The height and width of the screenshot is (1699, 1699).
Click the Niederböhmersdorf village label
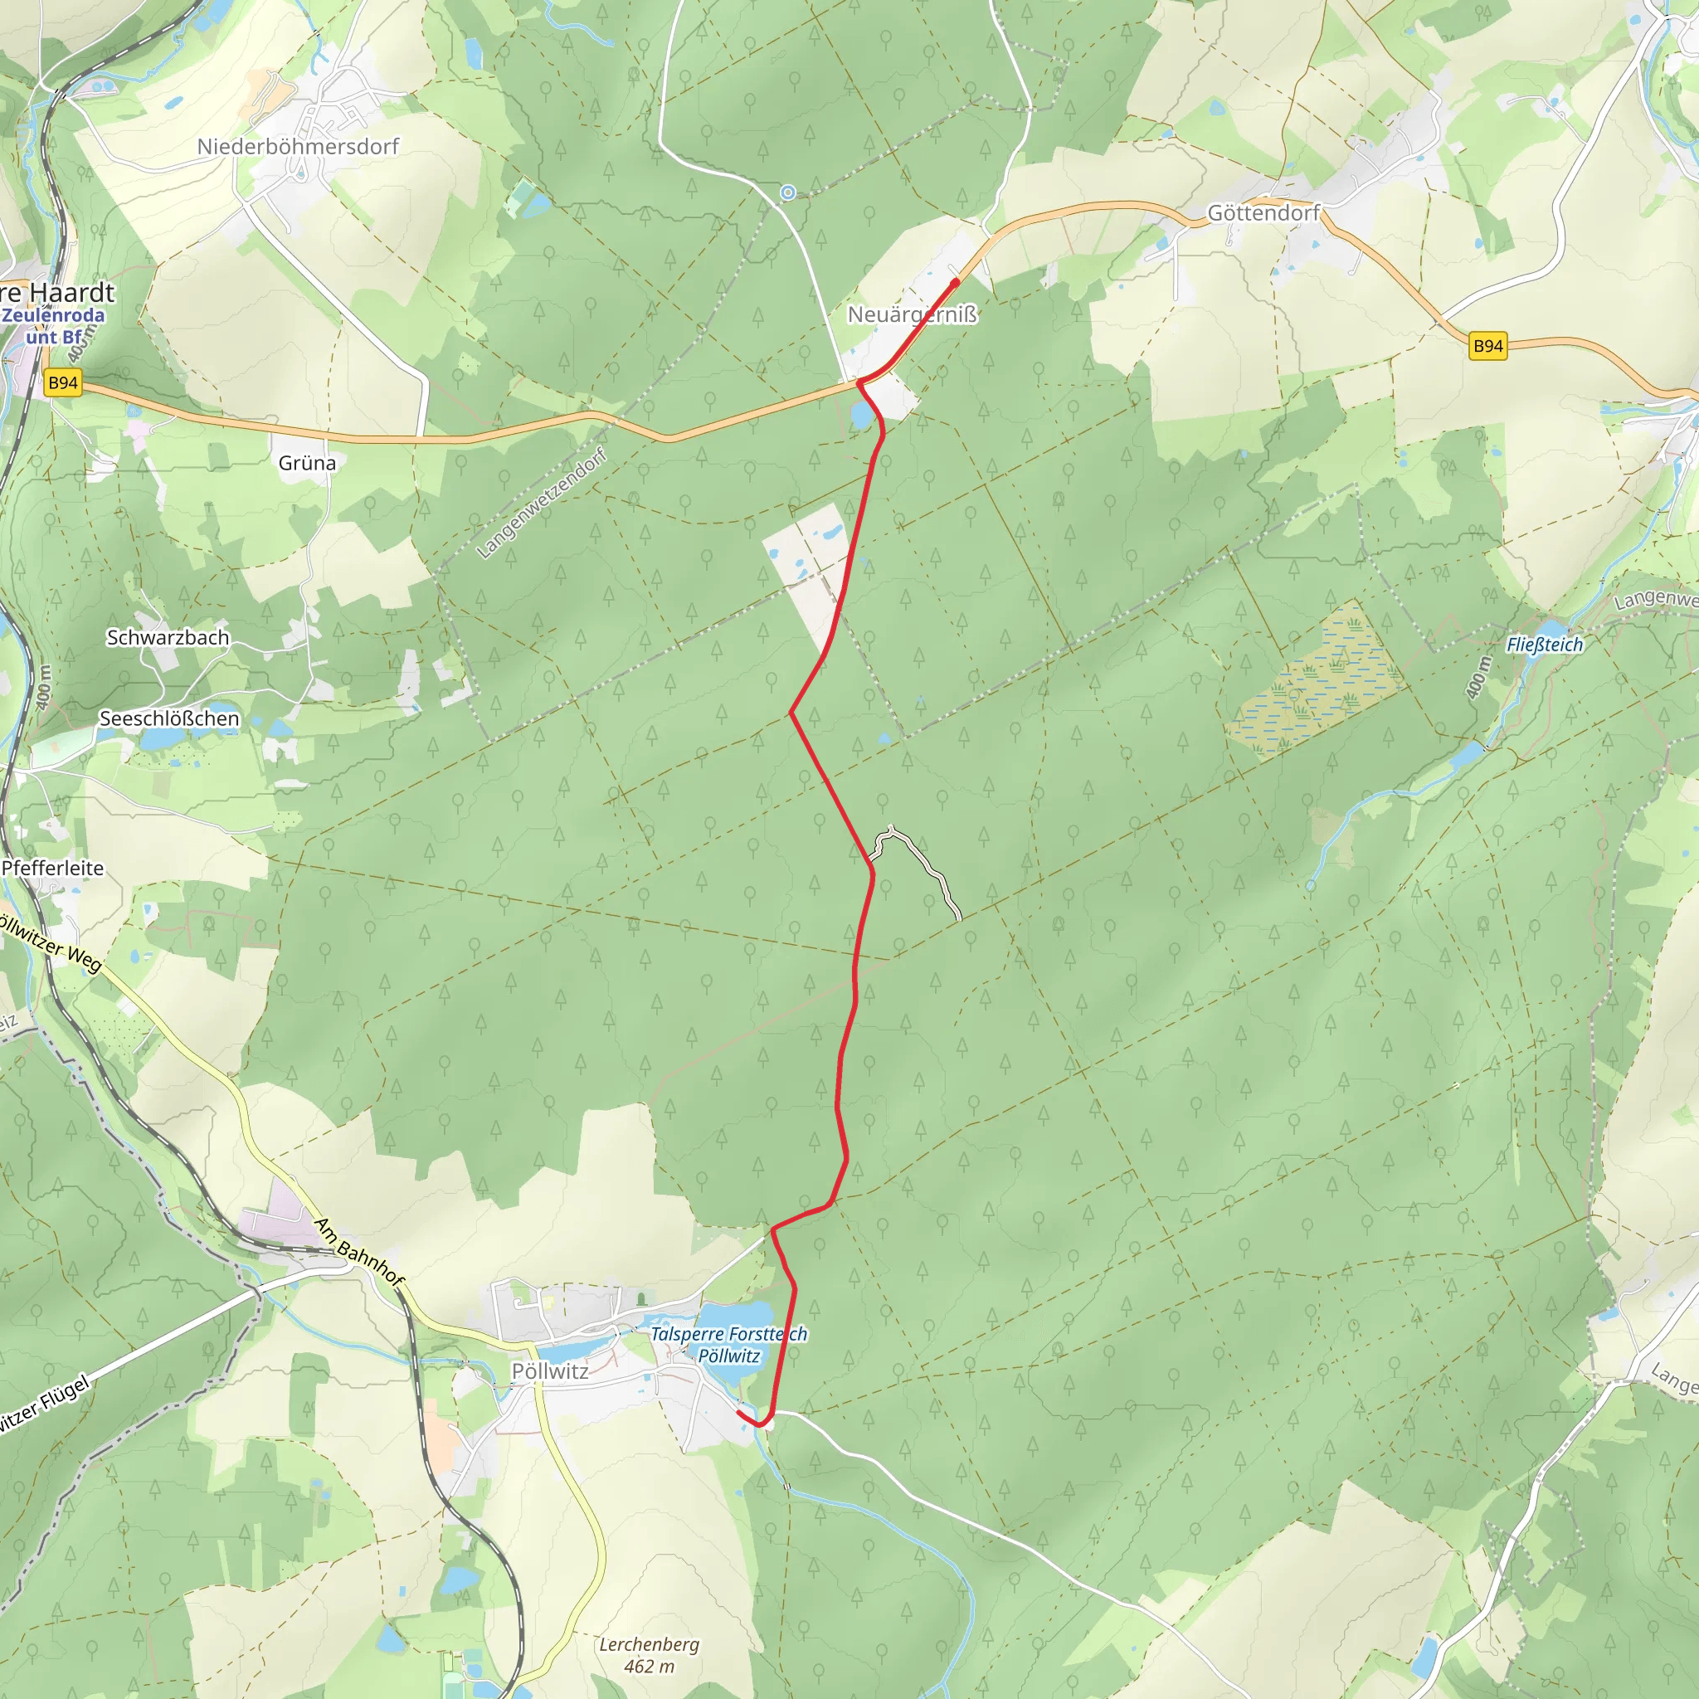click(x=297, y=146)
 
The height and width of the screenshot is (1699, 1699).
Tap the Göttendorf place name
click(x=1263, y=213)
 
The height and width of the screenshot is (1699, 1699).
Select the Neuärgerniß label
click(x=912, y=314)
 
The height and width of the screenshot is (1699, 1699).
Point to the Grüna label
click(x=307, y=463)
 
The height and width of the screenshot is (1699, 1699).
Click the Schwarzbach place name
click(x=168, y=638)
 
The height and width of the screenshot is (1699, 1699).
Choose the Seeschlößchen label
click(x=169, y=718)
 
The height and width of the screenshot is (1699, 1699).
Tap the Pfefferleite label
click(x=53, y=868)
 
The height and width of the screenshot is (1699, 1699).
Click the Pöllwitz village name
click(x=551, y=1371)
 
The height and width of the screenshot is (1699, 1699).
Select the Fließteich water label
click(x=1545, y=645)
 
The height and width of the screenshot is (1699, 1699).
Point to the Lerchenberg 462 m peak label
click(x=649, y=1655)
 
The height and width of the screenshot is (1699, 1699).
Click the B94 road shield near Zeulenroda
click(x=63, y=382)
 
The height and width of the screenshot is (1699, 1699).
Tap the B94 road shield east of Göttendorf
click(x=1488, y=346)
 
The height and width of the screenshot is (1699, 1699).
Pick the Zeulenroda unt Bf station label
click(x=55, y=325)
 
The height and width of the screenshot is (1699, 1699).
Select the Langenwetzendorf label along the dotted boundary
click(x=542, y=504)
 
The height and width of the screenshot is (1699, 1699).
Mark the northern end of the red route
click(x=956, y=281)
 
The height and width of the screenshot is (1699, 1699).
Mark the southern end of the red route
click(x=738, y=1411)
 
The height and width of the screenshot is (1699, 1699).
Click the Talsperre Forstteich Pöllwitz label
click(x=729, y=1345)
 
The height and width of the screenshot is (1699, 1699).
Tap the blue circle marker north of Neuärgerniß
click(x=788, y=192)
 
